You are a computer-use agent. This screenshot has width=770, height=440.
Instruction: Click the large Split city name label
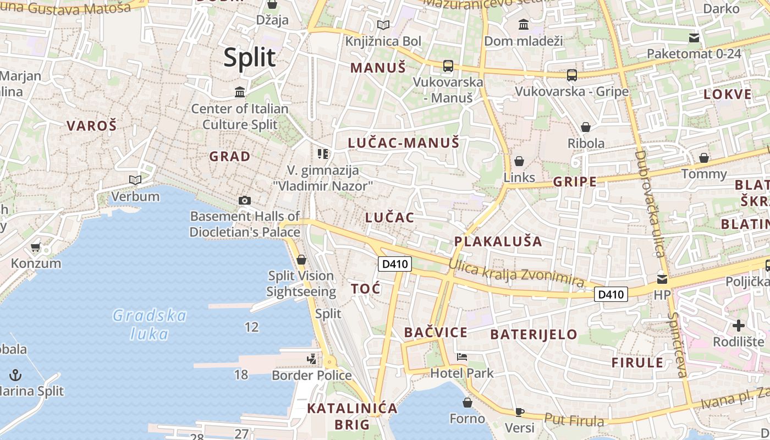(x=249, y=57)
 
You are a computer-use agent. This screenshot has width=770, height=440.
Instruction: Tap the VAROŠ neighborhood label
(x=92, y=126)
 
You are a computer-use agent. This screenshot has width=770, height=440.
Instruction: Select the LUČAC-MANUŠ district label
(x=403, y=143)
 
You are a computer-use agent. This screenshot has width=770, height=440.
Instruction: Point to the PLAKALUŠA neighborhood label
(x=498, y=241)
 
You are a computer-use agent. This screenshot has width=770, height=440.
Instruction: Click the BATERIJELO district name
(x=533, y=334)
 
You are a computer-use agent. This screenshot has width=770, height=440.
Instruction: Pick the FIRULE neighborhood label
(x=637, y=362)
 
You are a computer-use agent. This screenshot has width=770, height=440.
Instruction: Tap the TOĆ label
(x=366, y=289)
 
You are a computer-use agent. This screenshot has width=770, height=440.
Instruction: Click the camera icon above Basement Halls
(x=245, y=201)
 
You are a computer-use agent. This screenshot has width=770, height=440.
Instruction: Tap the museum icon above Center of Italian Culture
(x=240, y=92)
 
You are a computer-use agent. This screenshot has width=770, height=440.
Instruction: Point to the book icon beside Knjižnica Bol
(x=383, y=25)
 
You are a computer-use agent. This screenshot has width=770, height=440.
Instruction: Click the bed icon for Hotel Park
(x=462, y=357)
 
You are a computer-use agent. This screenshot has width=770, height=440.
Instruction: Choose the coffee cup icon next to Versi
(x=520, y=412)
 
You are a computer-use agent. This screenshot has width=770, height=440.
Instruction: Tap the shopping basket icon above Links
(x=519, y=161)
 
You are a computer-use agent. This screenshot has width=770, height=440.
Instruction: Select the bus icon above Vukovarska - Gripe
(x=572, y=75)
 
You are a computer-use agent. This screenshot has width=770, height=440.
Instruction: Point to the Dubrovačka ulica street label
(x=650, y=204)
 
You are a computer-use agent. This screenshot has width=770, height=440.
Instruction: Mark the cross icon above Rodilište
(x=738, y=326)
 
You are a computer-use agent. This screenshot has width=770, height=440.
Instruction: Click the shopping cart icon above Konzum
(x=36, y=248)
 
